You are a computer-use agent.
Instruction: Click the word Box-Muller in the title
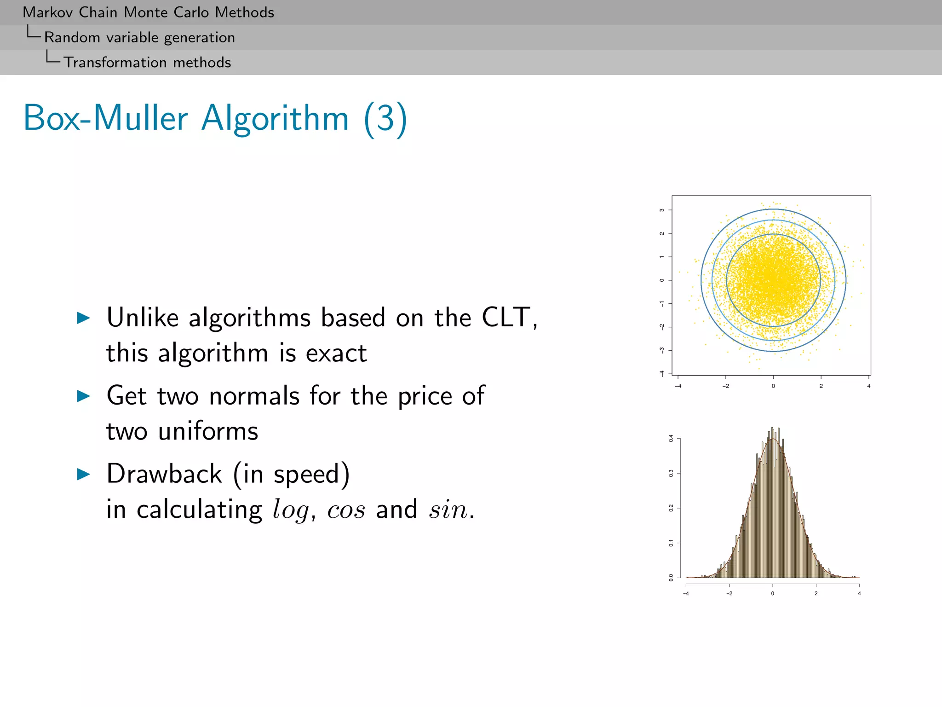(x=105, y=118)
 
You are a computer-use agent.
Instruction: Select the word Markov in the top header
(x=48, y=12)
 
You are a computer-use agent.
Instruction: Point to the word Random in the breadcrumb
(x=72, y=38)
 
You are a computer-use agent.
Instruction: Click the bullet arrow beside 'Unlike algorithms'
(x=83, y=318)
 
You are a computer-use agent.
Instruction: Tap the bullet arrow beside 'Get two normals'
(x=83, y=396)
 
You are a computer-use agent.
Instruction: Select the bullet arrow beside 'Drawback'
(x=83, y=474)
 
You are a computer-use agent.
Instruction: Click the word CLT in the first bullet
(x=506, y=318)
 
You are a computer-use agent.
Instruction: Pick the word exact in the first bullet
(x=336, y=353)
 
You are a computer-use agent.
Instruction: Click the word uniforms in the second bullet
(x=208, y=432)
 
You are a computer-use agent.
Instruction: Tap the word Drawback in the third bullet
(x=164, y=474)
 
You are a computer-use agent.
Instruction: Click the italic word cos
(x=346, y=510)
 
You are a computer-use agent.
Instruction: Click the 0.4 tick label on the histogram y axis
(x=671, y=438)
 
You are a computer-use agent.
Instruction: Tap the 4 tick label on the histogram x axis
(x=859, y=594)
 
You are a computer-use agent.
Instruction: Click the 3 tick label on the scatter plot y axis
(x=662, y=210)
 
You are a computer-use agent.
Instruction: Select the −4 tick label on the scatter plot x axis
(x=678, y=386)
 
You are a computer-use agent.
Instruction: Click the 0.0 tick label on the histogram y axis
(x=671, y=578)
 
